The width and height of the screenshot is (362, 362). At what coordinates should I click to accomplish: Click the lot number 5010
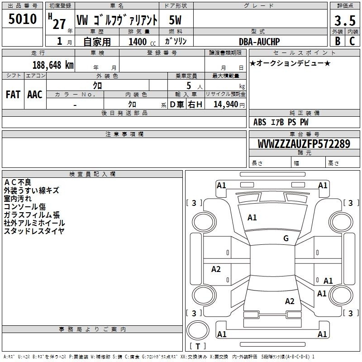pyautogui.click(x=22, y=19)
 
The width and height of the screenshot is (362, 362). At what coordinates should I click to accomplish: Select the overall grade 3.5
pyautogui.click(x=345, y=20)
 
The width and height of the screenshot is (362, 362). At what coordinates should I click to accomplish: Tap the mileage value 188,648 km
pyautogui.click(x=53, y=65)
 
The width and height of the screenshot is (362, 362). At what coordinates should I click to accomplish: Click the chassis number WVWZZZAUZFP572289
pyautogui.click(x=304, y=143)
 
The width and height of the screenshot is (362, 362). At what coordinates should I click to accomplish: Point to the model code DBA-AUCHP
pyautogui.click(x=259, y=42)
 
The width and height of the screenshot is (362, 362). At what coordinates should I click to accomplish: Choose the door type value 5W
pyautogui.click(x=175, y=20)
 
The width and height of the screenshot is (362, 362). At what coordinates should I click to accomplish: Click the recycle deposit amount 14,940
pyautogui.click(x=226, y=104)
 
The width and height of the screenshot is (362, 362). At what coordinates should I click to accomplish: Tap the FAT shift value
pyautogui.click(x=13, y=95)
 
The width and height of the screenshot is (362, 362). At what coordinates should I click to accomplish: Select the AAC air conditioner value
pyautogui.click(x=35, y=95)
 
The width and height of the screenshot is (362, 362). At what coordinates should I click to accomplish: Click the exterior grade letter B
pyautogui.click(x=338, y=41)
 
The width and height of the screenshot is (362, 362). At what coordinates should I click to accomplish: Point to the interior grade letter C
pyautogui.click(x=352, y=41)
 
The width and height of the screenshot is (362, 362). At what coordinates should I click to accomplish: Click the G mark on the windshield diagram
pyautogui.click(x=286, y=238)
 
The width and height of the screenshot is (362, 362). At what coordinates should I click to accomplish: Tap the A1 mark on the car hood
pyautogui.click(x=252, y=218)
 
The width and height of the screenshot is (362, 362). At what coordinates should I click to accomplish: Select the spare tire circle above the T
pyautogui.click(x=198, y=330)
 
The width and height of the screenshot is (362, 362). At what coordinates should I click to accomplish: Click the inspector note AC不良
pyautogui.click(x=18, y=182)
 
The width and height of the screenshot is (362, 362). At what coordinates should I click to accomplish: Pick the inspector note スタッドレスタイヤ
pyautogui.click(x=34, y=231)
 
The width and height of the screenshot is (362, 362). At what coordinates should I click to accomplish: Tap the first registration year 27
pyautogui.click(x=59, y=24)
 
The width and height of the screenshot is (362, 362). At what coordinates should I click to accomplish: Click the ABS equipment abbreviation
pyautogui.click(x=260, y=122)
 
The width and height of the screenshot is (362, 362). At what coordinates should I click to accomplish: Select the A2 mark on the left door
pyautogui.click(x=216, y=269)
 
